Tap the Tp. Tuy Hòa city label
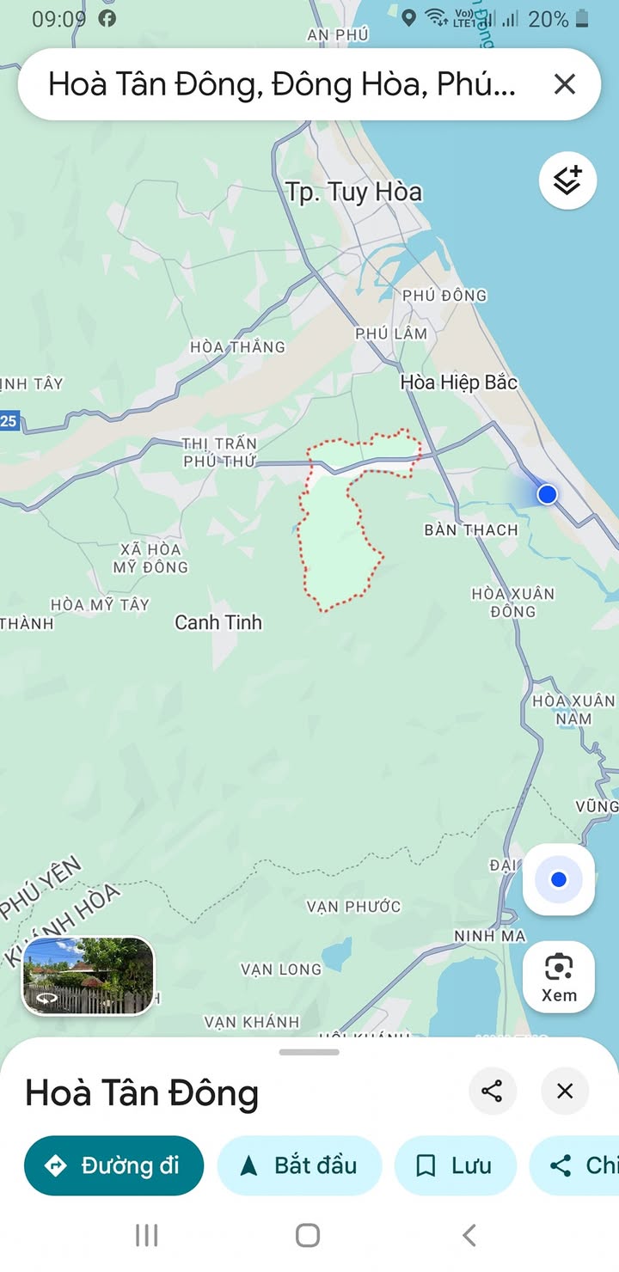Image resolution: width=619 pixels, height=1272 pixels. coord(353,192)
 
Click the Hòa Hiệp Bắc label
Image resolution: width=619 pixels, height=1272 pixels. coord(459,382)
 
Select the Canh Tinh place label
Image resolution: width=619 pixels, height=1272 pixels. coord(218,622)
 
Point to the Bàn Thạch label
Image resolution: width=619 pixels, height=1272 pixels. coord(471,530)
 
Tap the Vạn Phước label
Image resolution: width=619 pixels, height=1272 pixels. coord(353,907)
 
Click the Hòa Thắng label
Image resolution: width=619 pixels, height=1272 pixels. coord(237,347)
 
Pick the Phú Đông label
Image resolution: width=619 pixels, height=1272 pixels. coord(444,296)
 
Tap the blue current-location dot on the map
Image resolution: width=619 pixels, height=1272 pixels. coord(548,494)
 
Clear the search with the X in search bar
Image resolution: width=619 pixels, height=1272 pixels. coord(564,84)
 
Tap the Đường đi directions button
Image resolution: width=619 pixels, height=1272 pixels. coord(113,1165)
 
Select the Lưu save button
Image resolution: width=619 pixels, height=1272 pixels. coord(455,1165)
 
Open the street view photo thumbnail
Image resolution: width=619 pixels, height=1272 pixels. coord(89,975)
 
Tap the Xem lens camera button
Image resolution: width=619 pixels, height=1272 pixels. coord(559,978)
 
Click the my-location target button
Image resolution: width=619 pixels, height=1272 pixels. coord(559,879)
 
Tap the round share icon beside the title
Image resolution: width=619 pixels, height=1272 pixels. coord(492,1092)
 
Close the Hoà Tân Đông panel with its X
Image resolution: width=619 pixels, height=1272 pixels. coord(565,1092)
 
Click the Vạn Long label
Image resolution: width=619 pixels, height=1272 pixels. coord(280,969)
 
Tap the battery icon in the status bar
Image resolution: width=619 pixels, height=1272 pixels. coord(583,18)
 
